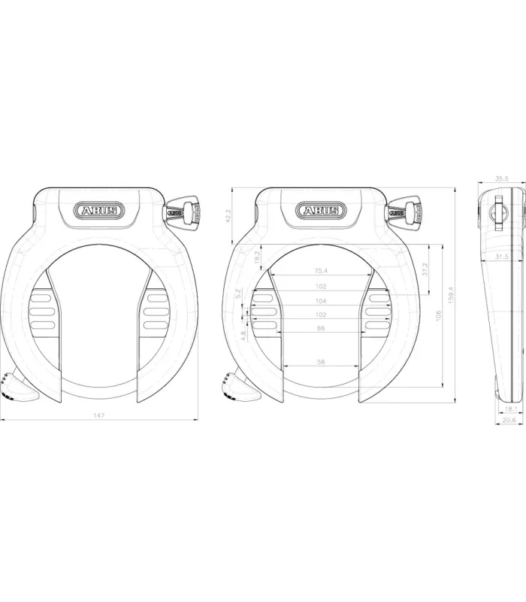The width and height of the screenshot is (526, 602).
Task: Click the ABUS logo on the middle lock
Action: (x=320, y=211)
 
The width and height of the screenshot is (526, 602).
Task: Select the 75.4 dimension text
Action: (x=321, y=271)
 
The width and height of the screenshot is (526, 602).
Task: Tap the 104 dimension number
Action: (x=321, y=300)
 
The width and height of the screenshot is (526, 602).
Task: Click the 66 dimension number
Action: (x=321, y=329)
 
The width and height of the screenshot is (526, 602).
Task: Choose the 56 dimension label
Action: (x=321, y=363)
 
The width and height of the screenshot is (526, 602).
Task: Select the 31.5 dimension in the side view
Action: (x=503, y=257)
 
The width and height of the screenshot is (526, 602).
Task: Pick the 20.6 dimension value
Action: (x=508, y=421)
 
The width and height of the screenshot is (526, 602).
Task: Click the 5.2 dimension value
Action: (x=237, y=293)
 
